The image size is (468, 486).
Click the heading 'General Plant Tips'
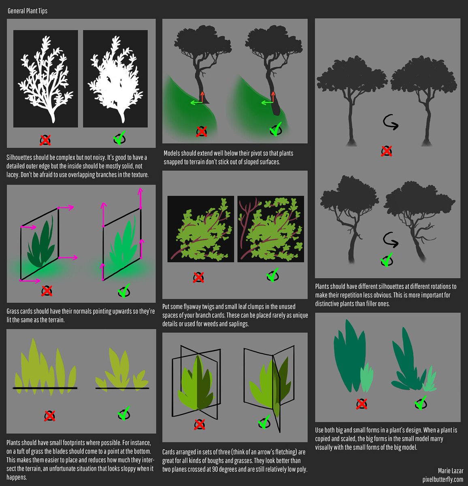coord(28,11)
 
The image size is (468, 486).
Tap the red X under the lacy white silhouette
coord(45,140)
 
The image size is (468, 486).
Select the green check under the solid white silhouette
coord(119,139)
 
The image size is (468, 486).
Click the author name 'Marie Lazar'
coord(450,470)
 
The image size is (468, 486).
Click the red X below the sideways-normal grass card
coord(47,291)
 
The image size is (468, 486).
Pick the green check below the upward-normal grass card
coord(123,290)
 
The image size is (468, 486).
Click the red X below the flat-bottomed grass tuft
coord(49,416)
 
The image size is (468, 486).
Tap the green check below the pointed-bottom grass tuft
coord(123,414)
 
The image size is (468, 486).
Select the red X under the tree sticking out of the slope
coord(201,132)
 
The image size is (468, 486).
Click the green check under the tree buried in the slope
coord(275,130)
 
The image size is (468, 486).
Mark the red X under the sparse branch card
coord(198,277)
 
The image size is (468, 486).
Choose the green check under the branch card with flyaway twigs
coord(272,275)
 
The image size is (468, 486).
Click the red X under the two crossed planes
coord(199,424)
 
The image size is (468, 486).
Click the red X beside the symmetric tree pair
coord(387,151)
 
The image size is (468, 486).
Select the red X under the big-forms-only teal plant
coord(361,403)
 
